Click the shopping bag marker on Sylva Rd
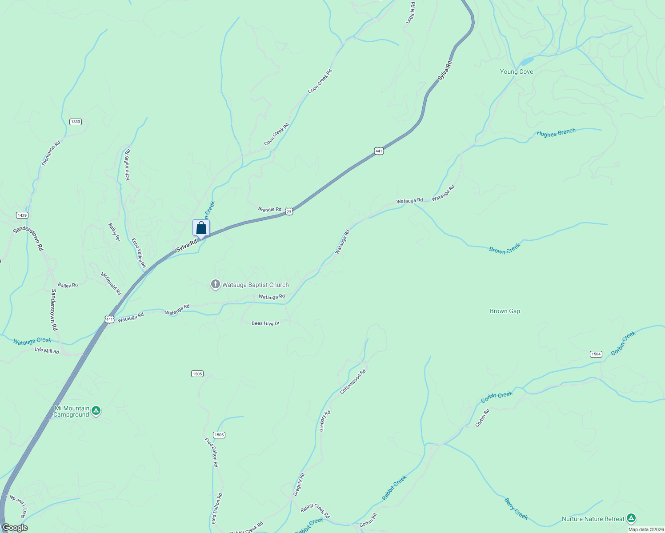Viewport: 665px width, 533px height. click(x=201, y=228)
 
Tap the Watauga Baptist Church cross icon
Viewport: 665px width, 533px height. click(x=216, y=284)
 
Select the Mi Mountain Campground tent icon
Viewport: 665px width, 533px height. click(x=96, y=411)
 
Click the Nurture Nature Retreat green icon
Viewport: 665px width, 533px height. click(x=631, y=518)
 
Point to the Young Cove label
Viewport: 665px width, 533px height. click(x=516, y=72)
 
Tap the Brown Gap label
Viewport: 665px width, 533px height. click(x=505, y=311)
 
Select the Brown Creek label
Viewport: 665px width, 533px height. click(x=505, y=248)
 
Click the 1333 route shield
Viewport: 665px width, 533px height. click(x=76, y=122)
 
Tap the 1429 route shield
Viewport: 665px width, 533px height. click(x=22, y=215)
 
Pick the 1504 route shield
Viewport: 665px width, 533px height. click(x=596, y=354)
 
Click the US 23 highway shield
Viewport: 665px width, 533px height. click(x=289, y=212)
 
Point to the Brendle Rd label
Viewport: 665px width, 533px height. click(x=269, y=209)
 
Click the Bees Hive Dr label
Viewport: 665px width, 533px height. click(x=265, y=323)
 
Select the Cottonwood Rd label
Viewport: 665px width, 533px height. click(x=353, y=382)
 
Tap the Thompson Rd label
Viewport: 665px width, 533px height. click(x=51, y=154)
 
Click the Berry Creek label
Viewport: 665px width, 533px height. click(x=516, y=509)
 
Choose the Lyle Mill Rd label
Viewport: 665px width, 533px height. click(x=47, y=351)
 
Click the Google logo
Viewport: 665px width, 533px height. click(x=15, y=528)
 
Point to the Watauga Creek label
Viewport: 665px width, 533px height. click(x=32, y=341)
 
